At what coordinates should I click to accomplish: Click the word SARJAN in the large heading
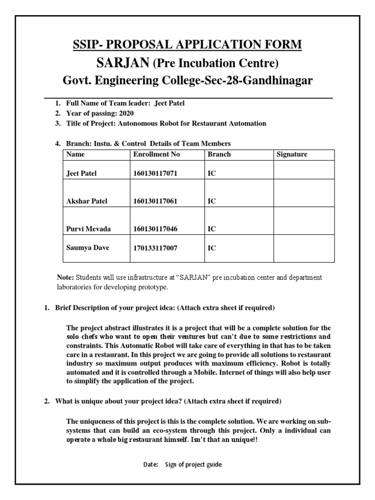[x=126, y=63]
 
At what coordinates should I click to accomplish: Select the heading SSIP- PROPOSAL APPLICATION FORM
[x=187, y=45]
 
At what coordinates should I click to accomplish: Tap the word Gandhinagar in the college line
[x=268, y=81]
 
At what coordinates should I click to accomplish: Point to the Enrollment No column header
[x=156, y=154]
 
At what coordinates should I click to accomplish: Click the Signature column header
[x=292, y=154]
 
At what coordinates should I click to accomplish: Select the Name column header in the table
[x=75, y=154]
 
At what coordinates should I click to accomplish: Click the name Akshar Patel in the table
[x=86, y=201]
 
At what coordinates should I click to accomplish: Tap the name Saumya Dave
[x=87, y=248]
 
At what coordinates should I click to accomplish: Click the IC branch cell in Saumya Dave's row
[x=212, y=248]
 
